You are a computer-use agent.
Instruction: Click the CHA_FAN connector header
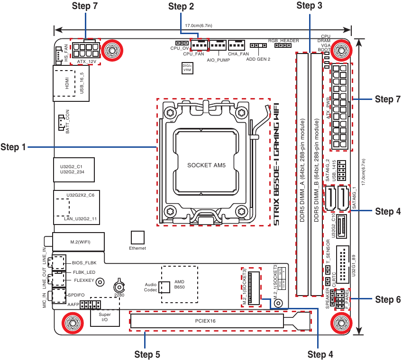tap(236, 45)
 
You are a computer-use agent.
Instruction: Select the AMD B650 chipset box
tap(179, 284)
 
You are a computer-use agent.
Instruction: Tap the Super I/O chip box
tap(105, 317)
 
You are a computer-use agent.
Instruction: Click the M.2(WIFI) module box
tap(78, 242)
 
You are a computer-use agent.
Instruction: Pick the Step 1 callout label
tap(13, 147)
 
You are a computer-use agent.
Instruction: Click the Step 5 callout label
tap(147, 354)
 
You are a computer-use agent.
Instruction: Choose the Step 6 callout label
tap(388, 299)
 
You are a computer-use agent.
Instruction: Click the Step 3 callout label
tap(309, 6)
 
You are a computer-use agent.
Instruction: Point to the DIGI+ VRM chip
tap(187, 68)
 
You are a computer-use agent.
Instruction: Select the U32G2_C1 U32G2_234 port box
tap(73, 170)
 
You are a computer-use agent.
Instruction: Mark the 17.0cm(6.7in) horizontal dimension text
tap(198, 26)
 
